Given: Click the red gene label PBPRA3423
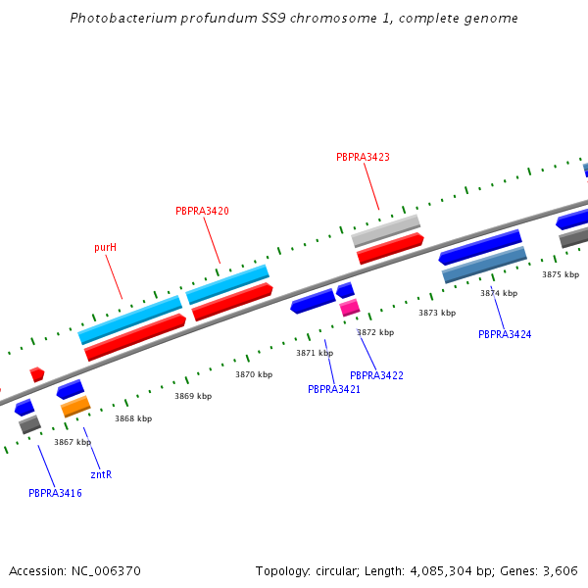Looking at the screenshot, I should click(x=363, y=157).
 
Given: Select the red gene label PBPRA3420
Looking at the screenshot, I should click(x=202, y=211).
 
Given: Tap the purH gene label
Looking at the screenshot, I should click(x=105, y=248).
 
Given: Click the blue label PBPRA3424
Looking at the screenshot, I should click(x=505, y=334).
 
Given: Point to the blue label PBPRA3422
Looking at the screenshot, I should click(x=376, y=375).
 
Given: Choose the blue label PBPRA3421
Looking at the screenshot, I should click(x=334, y=389).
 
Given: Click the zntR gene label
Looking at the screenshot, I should click(x=101, y=474).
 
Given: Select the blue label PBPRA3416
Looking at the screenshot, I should click(x=55, y=493).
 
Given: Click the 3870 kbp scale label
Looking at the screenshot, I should click(x=253, y=374).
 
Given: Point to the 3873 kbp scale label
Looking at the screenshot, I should click(x=437, y=313).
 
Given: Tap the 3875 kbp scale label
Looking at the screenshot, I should click(x=561, y=274).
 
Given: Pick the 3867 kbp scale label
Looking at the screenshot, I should click(x=72, y=442).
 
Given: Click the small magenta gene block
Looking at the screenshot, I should click(x=350, y=308).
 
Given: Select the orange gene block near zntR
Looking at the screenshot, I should click(x=75, y=406).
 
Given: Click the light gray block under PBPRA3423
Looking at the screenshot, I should click(x=386, y=230).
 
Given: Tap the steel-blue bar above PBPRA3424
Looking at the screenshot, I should click(x=484, y=265).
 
